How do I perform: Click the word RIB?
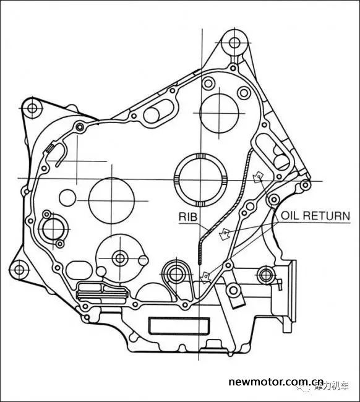pyautogui.click(x=188, y=217)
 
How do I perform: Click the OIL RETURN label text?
pyautogui.click(x=315, y=216)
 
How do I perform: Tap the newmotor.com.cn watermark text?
pyautogui.click(x=276, y=382)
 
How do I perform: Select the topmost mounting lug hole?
pyautogui.click(x=234, y=43)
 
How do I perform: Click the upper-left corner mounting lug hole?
pyautogui.click(x=32, y=108)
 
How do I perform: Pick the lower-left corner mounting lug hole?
pyautogui.click(x=19, y=270)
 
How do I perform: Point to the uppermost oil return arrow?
pyautogui.click(x=257, y=177)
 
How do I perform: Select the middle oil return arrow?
pyautogui.click(x=224, y=234)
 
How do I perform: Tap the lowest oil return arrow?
pyautogui.click(x=205, y=277)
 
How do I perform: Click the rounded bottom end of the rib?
pyautogui.click(x=200, y=262)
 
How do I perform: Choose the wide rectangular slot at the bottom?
pyautogui.click(x=179, y=325)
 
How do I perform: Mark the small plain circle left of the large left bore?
pyautogui.click(x=67, y=198)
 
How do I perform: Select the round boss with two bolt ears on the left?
pyautogui.click(x=53, y=229)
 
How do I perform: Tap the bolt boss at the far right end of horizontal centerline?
pyautogui.click(x=305, y=185)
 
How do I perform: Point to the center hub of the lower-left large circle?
pyautogui.click(x=120, y=258)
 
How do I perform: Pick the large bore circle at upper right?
pyautogui.click(x=219, y=113)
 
